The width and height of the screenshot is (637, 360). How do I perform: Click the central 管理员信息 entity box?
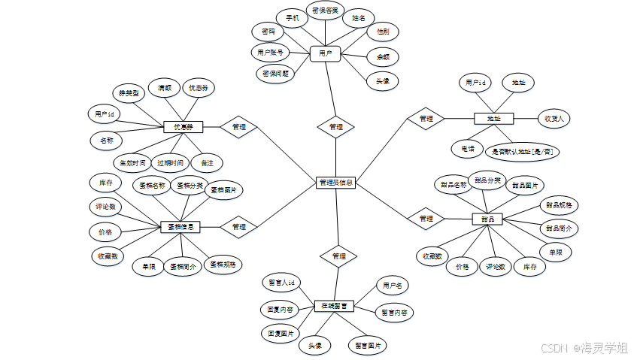pyautogui.click(x=335, y=182)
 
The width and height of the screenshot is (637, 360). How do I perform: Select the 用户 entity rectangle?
pyautogui.click(x=326, y=53)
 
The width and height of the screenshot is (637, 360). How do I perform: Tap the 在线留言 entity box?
pyautogui.click(x=334, y=306)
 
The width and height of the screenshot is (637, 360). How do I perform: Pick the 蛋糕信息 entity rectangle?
pyautogui.click(x=180, y=226)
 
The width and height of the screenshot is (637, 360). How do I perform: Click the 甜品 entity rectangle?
pyautogui.click(x=487, y=219)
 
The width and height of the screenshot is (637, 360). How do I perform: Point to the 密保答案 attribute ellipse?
pyautogui.click(x=325, y=12)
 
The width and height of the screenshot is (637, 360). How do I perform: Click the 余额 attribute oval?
pyautogui.click(x=382, y=56)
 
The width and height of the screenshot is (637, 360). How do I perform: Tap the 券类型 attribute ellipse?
pyautogui.click(x=129, y=93)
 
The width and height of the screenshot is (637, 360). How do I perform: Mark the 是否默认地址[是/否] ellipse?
pyautogui.click(x=523, y=151)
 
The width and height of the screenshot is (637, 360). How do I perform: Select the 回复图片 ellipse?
pyautogui.click(x=280, y=331)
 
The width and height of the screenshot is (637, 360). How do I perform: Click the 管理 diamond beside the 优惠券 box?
pyautogui.click(x=239, y=127)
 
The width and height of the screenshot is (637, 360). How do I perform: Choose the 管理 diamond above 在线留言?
pyautogui.click(x=338, y=256)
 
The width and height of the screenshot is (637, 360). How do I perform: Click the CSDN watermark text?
pyautogui.click(x=553, y=348)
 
